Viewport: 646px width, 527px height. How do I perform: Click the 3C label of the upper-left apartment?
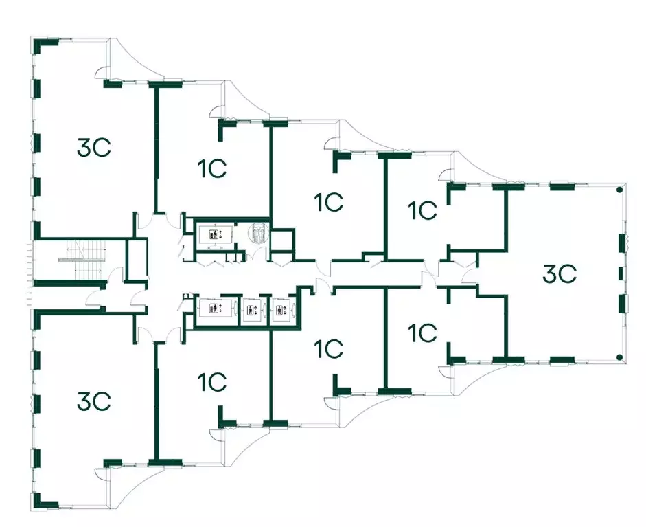point(94,147)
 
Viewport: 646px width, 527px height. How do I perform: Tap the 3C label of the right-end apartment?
point(559,274)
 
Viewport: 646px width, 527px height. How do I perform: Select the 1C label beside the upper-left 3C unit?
point(212,168)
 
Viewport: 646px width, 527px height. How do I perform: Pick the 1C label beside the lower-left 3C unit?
point(212,382)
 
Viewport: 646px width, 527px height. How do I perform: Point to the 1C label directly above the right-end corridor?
point(423,210)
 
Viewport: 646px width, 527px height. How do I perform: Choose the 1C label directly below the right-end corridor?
point(423,333)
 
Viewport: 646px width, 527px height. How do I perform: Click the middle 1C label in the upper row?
point(328,203)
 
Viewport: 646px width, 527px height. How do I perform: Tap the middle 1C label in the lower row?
point(328,349)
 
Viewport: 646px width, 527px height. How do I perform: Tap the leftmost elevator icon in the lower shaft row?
point(214,308)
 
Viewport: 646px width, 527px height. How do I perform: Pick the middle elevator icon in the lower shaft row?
point(251,310)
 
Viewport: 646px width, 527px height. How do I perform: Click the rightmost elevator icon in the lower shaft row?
point(280,310)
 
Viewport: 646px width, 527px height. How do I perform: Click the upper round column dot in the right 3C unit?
point(619,190)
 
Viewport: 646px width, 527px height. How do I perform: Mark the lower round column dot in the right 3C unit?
point(619,357)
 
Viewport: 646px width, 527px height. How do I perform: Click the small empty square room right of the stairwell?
point(137,260)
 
